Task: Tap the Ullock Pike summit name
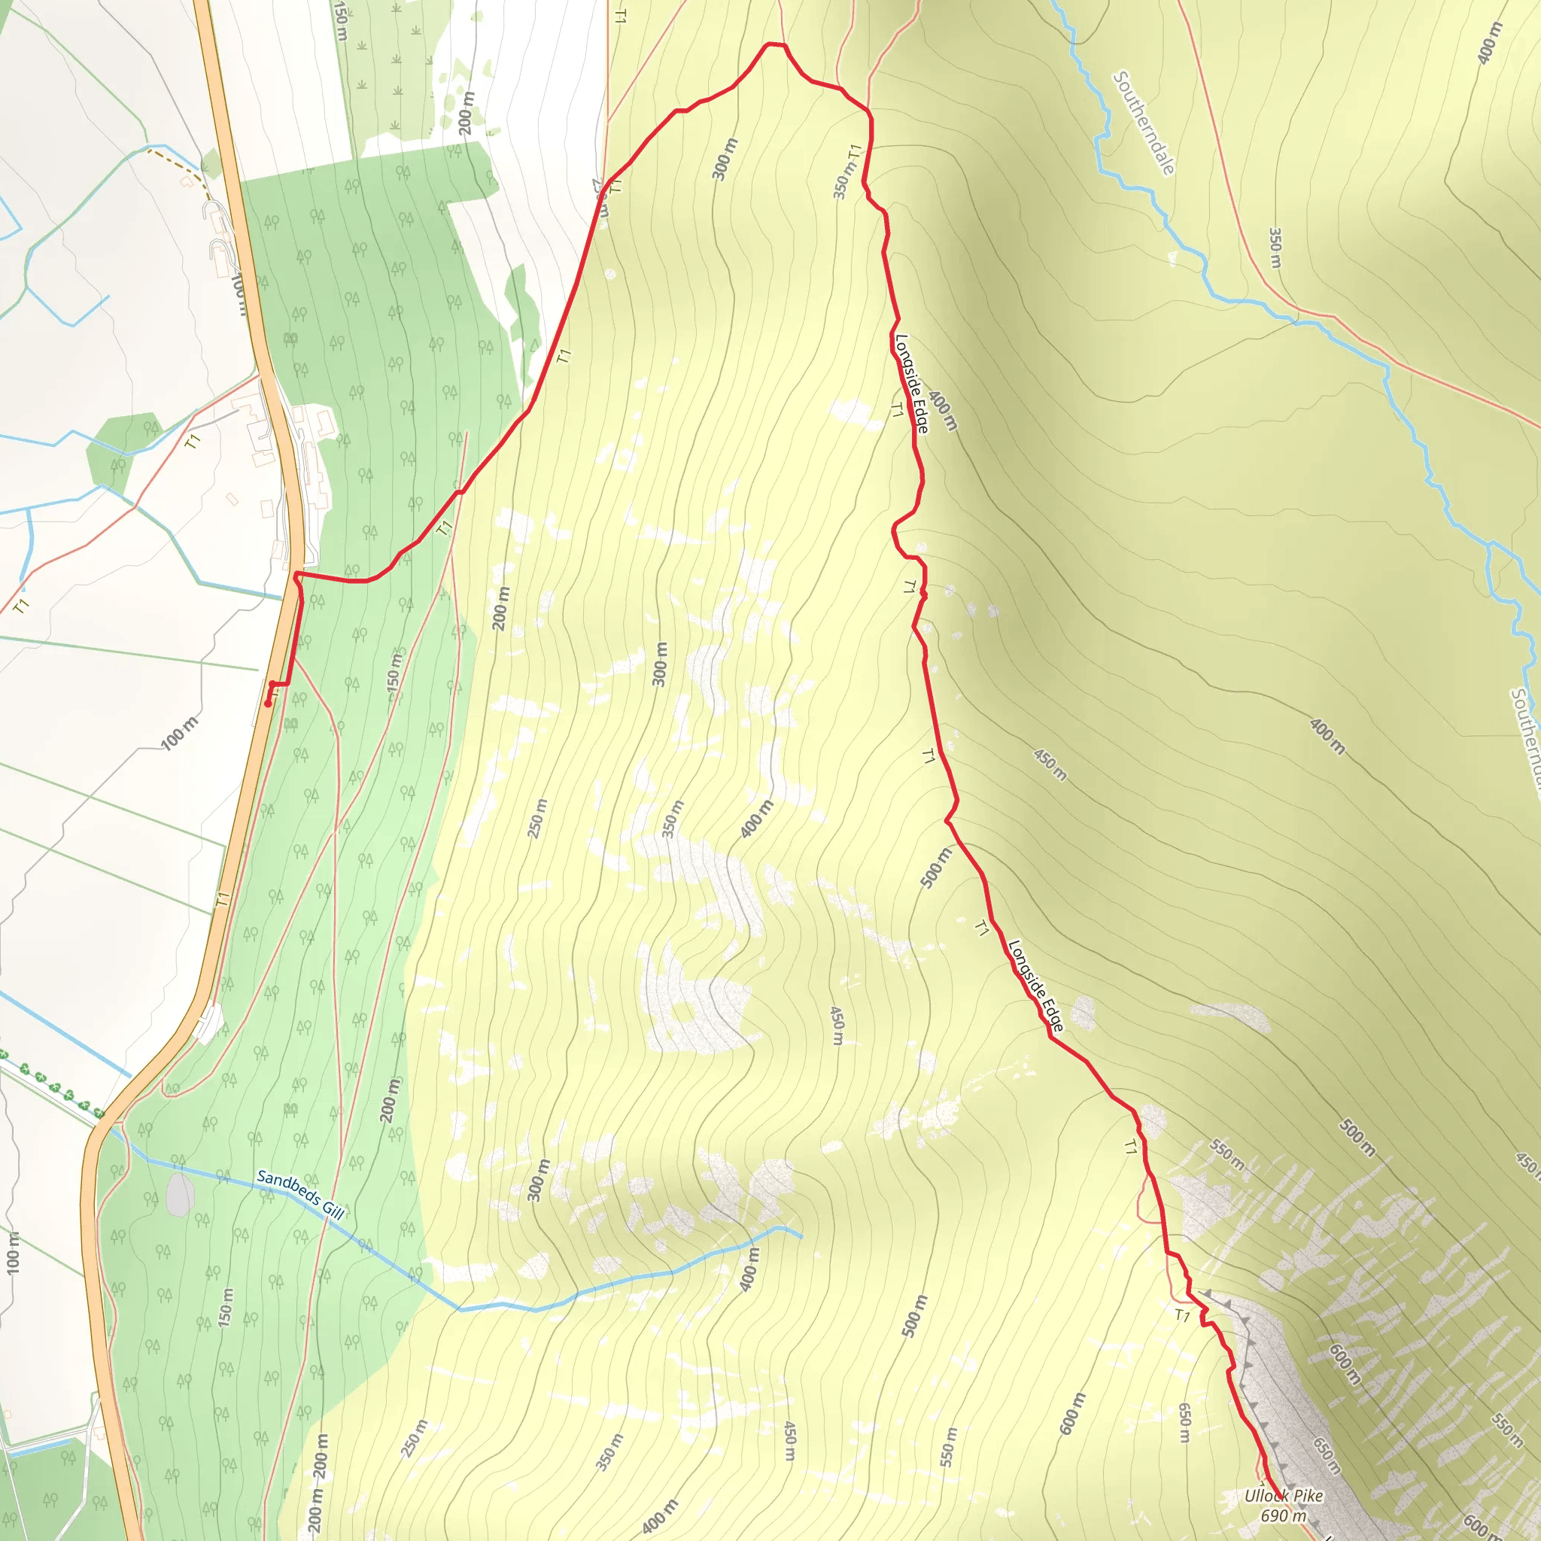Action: point(1284,1496)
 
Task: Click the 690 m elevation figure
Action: point(1284,1515)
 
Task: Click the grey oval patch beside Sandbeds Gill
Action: point(180,1195)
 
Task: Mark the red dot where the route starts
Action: point(268,704)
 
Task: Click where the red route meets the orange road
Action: point(297,574)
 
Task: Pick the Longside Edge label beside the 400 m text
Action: point(912,384)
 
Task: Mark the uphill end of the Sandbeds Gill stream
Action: point(801,1237)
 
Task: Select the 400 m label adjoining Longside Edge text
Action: point(942,411)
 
